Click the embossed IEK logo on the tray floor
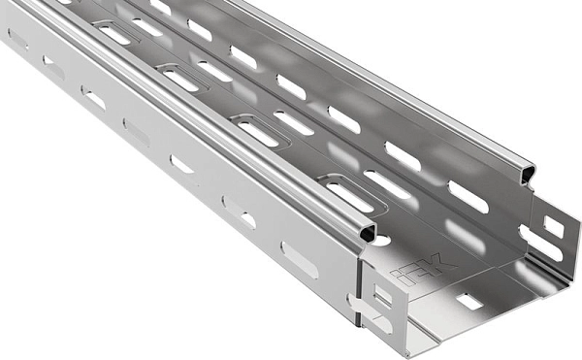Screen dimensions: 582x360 coord(423,270)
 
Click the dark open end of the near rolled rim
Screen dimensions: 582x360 coord(369,234)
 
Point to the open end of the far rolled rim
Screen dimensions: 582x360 coord(529,175)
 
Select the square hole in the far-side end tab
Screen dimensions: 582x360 coord(554,227)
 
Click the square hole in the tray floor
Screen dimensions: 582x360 coord(469,302)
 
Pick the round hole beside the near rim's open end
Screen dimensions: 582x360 coord(382,240)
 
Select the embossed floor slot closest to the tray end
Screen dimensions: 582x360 coord(350,197)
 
